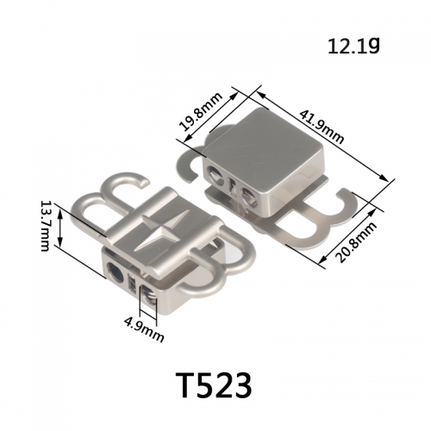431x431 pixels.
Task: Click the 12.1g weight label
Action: click(353, 46)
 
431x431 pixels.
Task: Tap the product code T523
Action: click(213, 384)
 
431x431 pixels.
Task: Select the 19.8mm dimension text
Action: click(201, 111)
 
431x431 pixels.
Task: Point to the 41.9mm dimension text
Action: click(322, 127)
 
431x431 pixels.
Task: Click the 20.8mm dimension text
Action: click(357, 242)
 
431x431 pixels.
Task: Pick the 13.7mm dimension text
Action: click(46, 226)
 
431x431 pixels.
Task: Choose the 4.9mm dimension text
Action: click(144, 328)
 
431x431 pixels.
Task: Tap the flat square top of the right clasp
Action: click(263, 149)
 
